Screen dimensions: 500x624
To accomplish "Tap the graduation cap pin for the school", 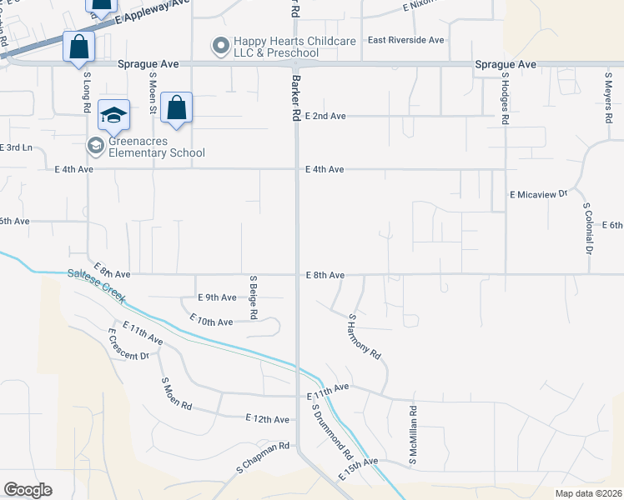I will (113, 115).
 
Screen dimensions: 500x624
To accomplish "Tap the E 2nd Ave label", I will (325, 116).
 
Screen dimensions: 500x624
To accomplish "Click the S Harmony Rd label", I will (365, 337).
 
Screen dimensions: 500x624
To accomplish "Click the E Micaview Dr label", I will (538, 193).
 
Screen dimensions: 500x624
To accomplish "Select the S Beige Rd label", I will (253, 296).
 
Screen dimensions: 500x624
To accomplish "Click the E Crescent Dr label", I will (128, 344).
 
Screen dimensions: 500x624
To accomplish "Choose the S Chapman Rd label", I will (262, 457).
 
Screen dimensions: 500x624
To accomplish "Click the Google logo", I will (28, 490).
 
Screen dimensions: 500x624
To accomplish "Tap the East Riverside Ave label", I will (406, 40).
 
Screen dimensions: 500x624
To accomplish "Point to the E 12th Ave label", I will (267, 418).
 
